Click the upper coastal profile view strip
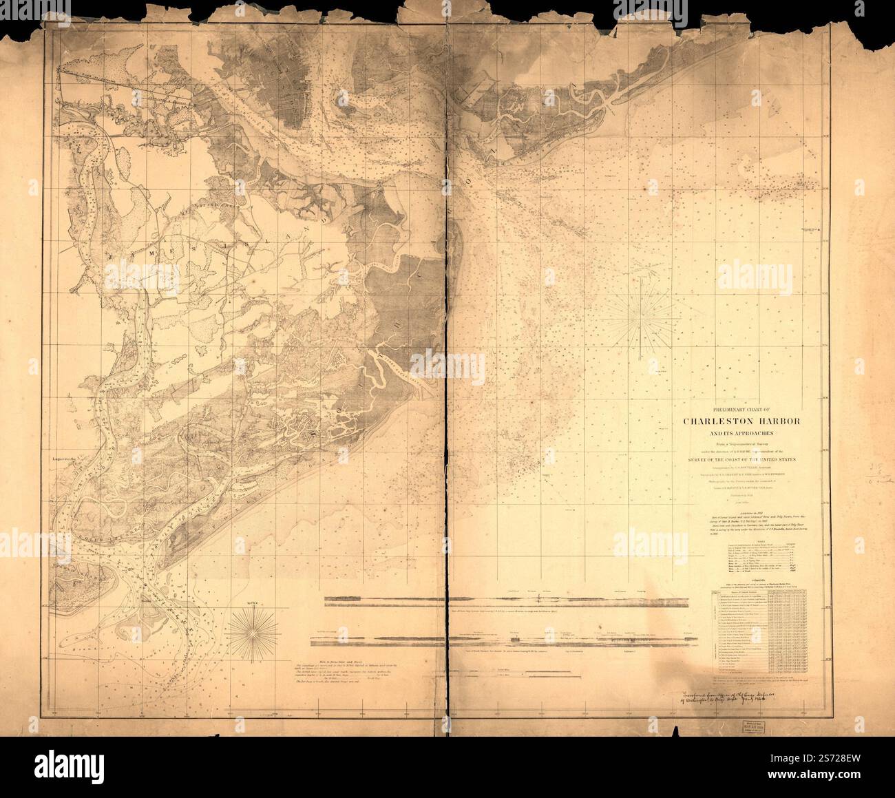click(507, 600)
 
